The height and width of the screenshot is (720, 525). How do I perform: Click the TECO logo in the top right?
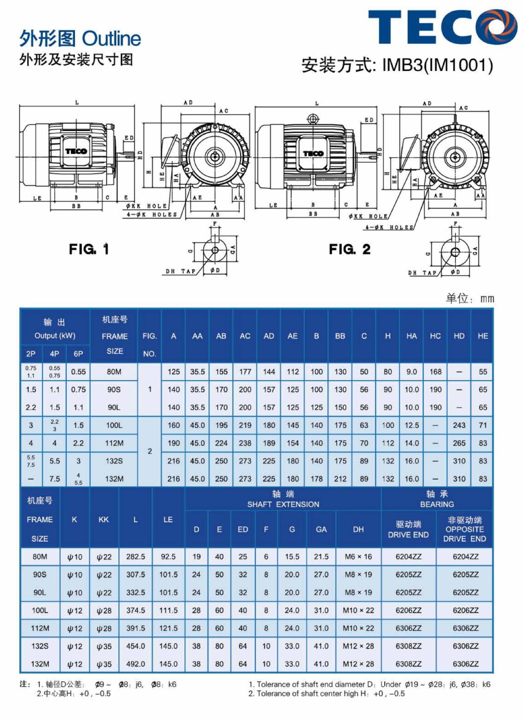pos(443,27)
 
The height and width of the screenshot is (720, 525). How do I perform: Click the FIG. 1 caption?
pos(89,249)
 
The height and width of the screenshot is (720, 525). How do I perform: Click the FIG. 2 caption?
pos(349,249)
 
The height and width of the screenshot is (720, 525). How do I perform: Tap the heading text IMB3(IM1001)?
pos(437,65)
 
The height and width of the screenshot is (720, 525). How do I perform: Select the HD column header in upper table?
pos(459,336)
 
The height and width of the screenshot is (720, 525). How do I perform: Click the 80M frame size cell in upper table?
pos(114,372)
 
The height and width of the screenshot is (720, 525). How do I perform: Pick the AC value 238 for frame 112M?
pos(245,443)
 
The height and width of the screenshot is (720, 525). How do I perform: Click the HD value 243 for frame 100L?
pos(459,425)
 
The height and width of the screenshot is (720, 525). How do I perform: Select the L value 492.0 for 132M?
pos(135,664)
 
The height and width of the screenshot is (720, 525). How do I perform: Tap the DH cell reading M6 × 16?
pos(358,557)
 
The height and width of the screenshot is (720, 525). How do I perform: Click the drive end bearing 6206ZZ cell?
pos(408,610)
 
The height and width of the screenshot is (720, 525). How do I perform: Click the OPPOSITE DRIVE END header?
pos(465,529)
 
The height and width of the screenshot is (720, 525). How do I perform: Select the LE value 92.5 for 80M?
pos(168,557)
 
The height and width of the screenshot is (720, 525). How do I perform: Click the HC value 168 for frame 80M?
pos(435,372)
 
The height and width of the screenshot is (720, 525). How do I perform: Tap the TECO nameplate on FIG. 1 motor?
pos(76,151)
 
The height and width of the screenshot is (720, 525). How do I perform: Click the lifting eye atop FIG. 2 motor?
pos(313,119)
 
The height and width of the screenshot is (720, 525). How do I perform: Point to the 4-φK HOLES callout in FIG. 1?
pos(152,214)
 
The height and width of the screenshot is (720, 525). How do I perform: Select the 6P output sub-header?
pos(78,354)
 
